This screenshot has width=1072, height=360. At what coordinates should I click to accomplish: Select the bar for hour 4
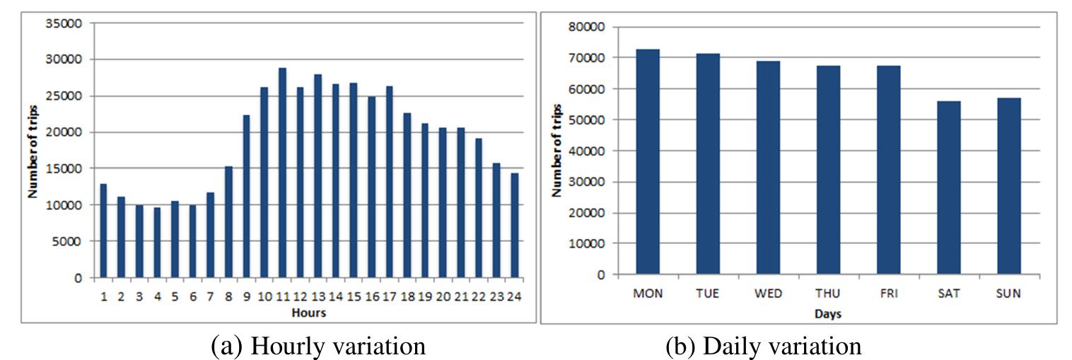coord(157,242)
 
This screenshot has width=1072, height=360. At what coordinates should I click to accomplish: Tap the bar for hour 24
coord(515,225)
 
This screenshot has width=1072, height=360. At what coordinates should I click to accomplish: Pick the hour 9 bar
coord(247,196)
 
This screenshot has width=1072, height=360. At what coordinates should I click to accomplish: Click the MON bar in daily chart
coord(648,162)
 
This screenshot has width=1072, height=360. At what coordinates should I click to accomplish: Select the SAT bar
coord(948,187)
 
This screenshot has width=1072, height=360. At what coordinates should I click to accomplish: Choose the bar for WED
coord(768,168)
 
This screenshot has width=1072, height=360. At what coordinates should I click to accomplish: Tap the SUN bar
coord(1008,186)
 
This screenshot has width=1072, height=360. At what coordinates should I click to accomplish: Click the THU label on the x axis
coord(828,294)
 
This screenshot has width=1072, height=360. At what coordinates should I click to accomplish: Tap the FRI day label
coord(888,294)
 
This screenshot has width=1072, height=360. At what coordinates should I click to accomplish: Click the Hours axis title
coord(308,312)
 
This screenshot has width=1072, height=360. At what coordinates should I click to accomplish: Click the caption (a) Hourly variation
coord(318,346)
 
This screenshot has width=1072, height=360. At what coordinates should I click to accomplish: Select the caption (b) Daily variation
coord(764,346)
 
